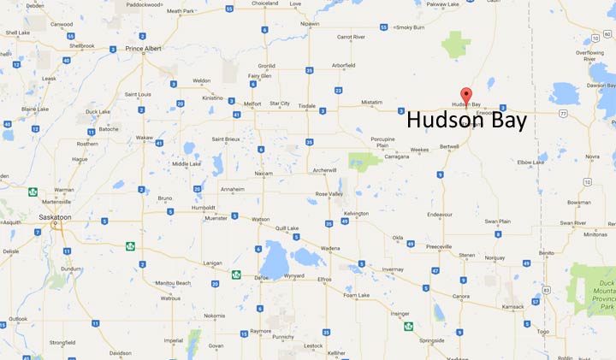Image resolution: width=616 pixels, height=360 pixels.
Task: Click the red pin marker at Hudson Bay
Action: (x=466, y=94)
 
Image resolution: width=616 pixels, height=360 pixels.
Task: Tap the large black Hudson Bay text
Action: (x=466, y=121)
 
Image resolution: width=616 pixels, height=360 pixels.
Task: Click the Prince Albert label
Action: (x=145, y=49)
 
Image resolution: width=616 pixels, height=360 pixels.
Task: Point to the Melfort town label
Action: (x=252, y=104)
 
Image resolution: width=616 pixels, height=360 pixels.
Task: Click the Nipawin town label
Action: (x=310, y=24)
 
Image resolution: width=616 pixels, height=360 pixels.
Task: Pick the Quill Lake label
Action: (x=287, y=228)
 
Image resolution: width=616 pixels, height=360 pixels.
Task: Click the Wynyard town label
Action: (x=293, y=276)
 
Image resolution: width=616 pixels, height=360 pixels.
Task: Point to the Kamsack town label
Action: (x=513, y=305)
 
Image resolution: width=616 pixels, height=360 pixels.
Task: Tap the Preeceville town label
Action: (x=440, y=246)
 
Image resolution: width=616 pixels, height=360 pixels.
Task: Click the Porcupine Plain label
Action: (x=382, y=139)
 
